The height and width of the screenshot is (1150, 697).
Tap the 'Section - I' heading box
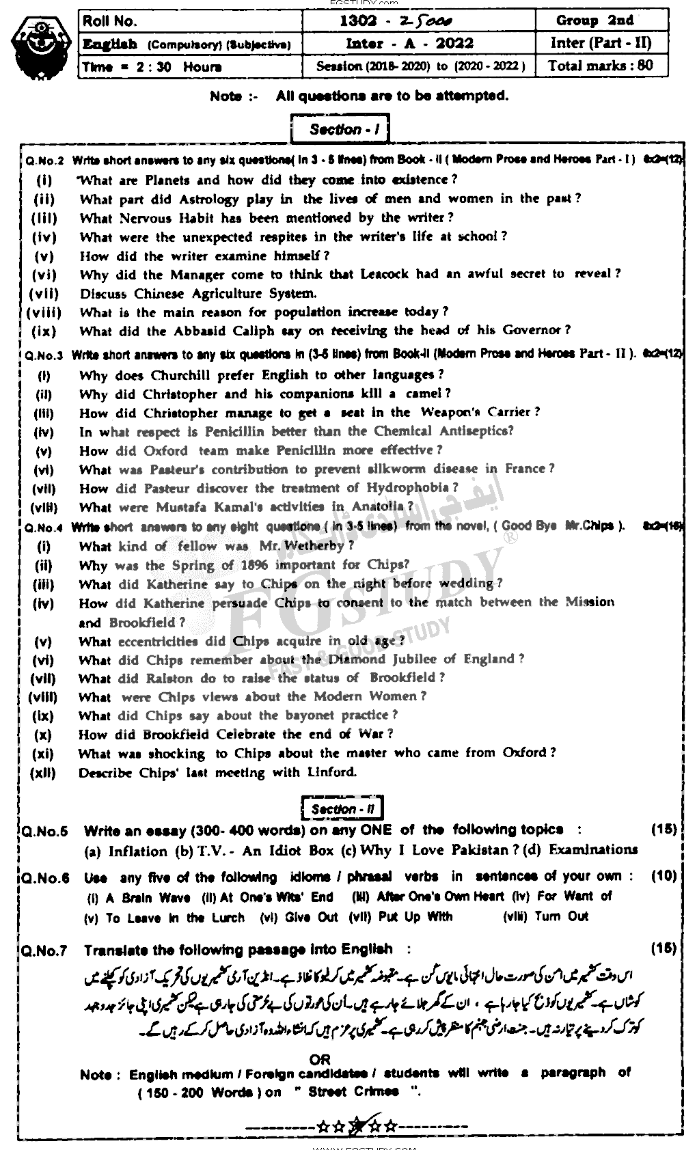340,130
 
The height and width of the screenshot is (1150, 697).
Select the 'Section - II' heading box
342,810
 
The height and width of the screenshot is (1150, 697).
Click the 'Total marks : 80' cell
601,66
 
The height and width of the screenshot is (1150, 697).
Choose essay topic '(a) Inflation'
128,851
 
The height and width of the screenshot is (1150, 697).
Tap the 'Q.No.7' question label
44,950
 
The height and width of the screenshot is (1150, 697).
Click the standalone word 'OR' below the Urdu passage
319,1059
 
